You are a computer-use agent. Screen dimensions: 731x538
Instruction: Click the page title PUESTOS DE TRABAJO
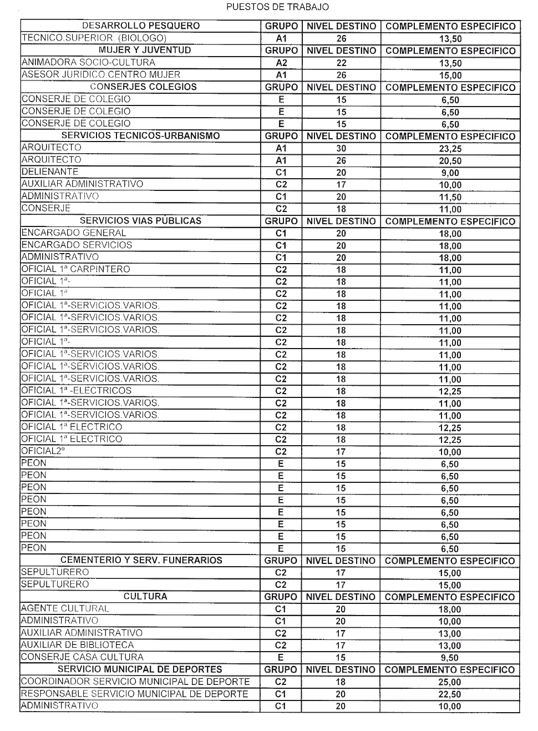277,7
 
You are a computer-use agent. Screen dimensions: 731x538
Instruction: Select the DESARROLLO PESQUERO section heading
141,26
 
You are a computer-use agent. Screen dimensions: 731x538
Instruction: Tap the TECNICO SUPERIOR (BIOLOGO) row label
94,38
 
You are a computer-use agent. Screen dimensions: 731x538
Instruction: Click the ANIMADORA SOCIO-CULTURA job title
88,63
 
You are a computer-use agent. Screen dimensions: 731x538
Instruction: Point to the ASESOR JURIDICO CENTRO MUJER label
100,75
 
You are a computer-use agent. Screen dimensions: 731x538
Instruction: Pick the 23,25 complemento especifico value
450,149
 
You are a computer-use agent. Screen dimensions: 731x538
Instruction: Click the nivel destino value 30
341,148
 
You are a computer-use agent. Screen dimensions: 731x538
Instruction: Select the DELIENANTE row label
50,172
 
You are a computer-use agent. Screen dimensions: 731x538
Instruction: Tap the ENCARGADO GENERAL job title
74,233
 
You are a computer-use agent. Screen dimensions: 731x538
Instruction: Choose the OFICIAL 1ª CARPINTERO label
75,269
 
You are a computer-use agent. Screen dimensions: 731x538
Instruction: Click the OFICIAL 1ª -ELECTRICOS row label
76,391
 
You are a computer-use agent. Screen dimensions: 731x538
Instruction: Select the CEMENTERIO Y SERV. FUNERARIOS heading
141,561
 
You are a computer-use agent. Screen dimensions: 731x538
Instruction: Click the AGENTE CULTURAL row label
65,609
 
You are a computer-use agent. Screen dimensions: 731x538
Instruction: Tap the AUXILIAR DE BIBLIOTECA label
77,645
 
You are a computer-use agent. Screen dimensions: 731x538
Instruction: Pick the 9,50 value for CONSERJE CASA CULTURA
450,658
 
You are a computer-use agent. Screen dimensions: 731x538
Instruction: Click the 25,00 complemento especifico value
450,682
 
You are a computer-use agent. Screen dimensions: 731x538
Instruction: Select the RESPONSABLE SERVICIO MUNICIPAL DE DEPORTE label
134,694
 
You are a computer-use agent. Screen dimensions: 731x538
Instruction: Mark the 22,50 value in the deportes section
450,694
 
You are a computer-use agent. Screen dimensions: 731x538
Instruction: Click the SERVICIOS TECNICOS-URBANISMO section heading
140,135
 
